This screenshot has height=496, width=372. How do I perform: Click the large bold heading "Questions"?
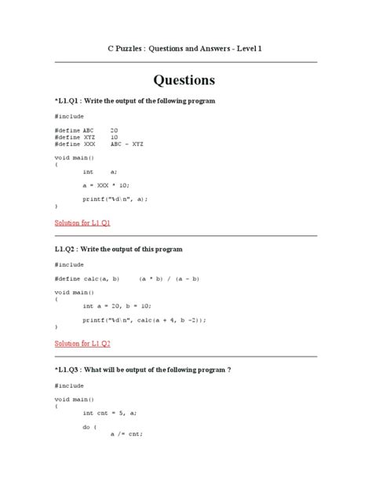pyautogui.click(x=184, y=80)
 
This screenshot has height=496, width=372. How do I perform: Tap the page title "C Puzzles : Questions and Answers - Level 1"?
pyautogui.click(x=184, y=49)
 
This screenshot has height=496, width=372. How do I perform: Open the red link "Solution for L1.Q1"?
pyautogui.click(x=82, y=223)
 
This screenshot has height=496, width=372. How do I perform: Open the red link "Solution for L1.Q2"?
pyautogui.click(x=82, y=343)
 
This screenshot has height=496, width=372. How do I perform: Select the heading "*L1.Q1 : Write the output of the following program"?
pyautogui.click(x=135, y=101)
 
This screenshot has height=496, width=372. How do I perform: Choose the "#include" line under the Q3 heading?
pyautogui.click(x=68, y=386)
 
